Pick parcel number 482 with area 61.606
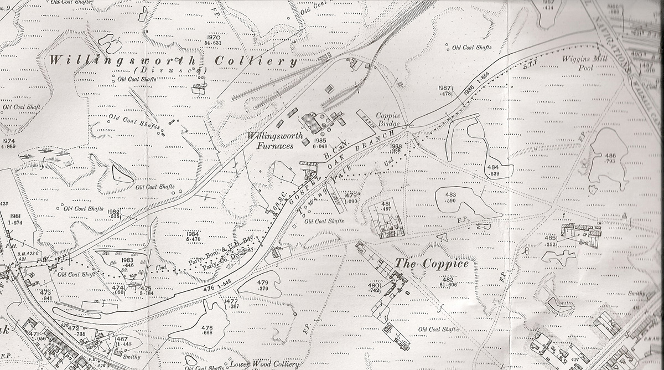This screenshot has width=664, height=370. pos(448,279)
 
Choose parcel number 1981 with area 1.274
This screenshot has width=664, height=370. pos(15,216)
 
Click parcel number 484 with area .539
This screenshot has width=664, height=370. pos(494,167)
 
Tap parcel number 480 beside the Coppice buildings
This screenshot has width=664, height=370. pos(374,286)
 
